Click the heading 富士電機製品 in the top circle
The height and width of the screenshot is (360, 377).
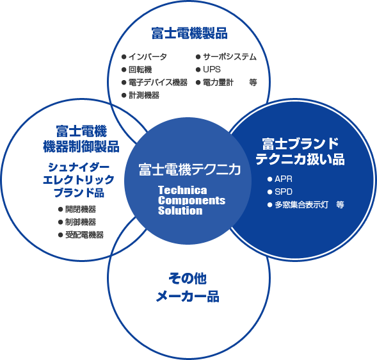[189, 33]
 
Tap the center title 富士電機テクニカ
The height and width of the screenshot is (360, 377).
[189, 169]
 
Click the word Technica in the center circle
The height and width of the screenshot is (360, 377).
[182, 190]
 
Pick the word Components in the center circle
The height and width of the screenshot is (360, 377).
[191, 200]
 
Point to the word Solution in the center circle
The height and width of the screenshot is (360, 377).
[180, 211]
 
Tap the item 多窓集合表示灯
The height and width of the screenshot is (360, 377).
[301, 204]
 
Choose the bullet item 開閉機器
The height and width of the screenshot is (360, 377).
[81, 209]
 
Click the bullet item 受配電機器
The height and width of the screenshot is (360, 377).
[84, 234]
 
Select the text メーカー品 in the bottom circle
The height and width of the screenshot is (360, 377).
[188, 296]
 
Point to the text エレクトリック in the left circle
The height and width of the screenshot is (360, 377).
[79, 179]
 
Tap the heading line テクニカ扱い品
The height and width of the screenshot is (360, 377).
[300, 159]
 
